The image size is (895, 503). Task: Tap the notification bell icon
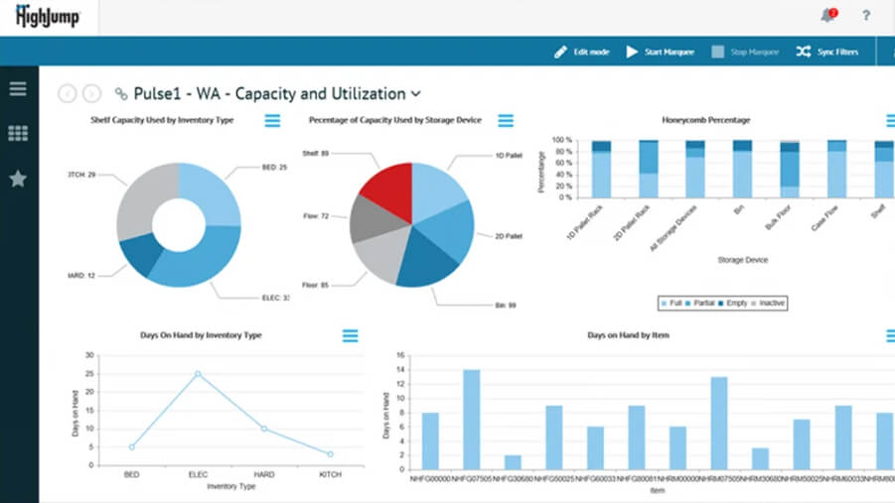pos(827,15)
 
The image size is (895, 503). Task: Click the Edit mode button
pos(582,52)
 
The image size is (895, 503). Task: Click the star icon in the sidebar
pos(18,179)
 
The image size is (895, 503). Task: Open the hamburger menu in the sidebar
pos(18,88)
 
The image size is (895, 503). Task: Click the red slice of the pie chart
pos(381,194)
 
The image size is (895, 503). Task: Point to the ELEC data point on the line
pos(198,374)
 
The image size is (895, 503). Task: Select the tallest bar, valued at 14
pos(471,418)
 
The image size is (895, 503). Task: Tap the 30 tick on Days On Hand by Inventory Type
pos(89,355)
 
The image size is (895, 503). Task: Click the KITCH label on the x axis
pos(330,476)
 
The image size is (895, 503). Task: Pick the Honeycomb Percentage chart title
pos(706,120)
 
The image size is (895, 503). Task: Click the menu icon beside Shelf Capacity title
pos(272,121)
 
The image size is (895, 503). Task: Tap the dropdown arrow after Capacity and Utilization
pos(416,94)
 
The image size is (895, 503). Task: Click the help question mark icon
pos(866,16)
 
